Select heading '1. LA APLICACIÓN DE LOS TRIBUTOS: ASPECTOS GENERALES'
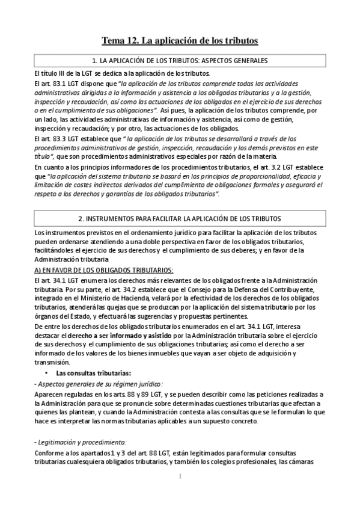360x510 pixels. [180, 61]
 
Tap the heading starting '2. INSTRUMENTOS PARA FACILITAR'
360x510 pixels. [180, 217]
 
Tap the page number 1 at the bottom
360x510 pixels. [180, 477]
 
